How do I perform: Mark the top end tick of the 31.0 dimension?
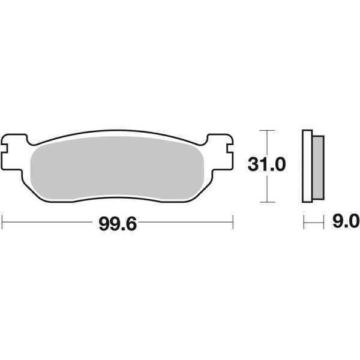[x=266, y=130]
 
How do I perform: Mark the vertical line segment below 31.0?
[x=266, y=189]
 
